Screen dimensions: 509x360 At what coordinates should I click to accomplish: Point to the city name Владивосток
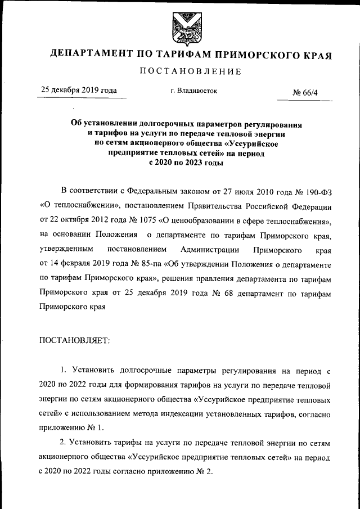coord(193,90)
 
